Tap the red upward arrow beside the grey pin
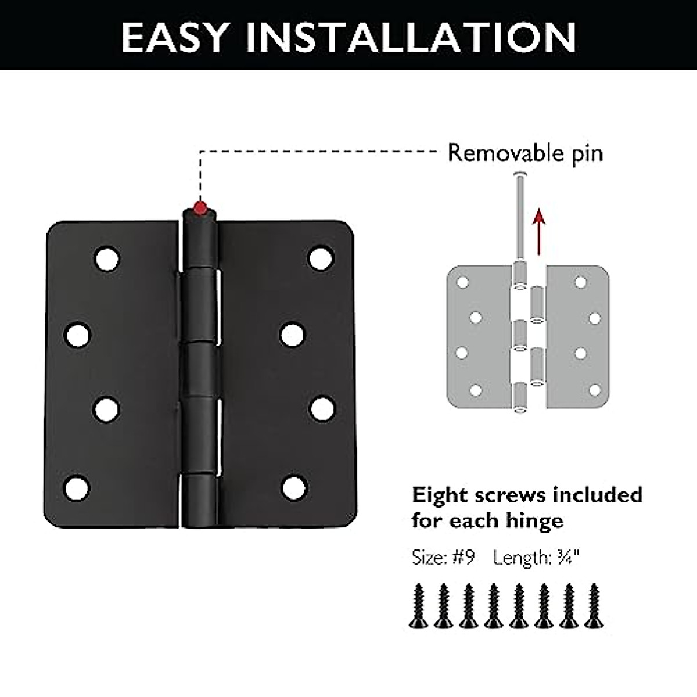point(540,232)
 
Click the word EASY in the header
point(174,37)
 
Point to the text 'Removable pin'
point(525,153)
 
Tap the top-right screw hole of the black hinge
point(321,258)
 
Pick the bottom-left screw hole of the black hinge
point(77,488)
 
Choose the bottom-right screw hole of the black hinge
point(294,487)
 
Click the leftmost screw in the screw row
point(418,606)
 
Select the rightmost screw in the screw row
point(593,606)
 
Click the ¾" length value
point(567,558)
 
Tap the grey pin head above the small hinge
point(520,174)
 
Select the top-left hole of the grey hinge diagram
point(463,283)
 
